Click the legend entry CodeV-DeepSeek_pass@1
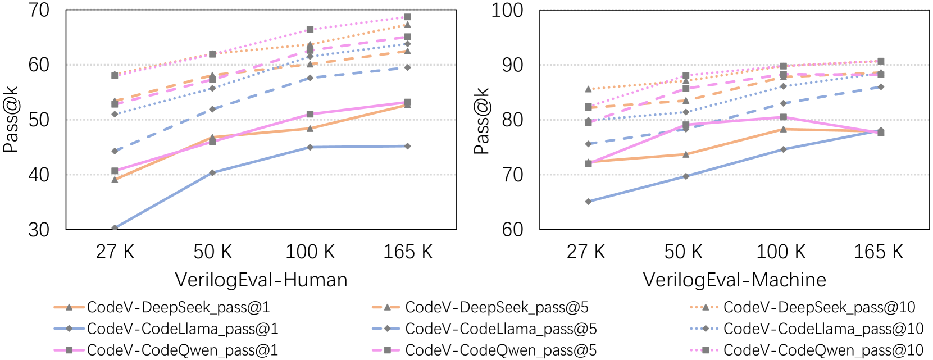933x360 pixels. pos(178,307)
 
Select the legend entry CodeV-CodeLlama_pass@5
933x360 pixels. pos(500,329)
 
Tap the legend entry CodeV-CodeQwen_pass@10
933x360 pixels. pos(823,350)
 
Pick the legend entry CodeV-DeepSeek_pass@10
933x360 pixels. pos(819,307)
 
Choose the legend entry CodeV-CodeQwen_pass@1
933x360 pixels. pos(182,350)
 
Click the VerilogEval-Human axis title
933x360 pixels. pos(261,280)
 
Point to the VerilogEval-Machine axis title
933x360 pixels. pos(734,280)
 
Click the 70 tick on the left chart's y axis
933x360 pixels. pos(39,10)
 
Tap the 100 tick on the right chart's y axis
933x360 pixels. pos(507,10)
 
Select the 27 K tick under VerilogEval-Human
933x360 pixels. pos(115,252)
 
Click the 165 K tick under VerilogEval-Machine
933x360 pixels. pos(879,252)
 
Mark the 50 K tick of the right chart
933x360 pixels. pos(684,252)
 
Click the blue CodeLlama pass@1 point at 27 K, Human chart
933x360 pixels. pos(115,228)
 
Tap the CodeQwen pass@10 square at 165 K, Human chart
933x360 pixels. pos(408,17)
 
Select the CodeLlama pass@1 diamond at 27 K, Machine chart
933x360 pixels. pos(589,202)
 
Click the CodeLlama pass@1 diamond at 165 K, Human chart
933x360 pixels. pos(408,146)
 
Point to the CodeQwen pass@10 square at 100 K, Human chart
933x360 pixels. pos(310,29)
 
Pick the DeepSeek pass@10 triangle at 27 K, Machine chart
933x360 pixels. pos(589,89)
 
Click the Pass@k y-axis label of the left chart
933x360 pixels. pos(11,120)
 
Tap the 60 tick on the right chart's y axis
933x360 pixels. pos(512,230)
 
